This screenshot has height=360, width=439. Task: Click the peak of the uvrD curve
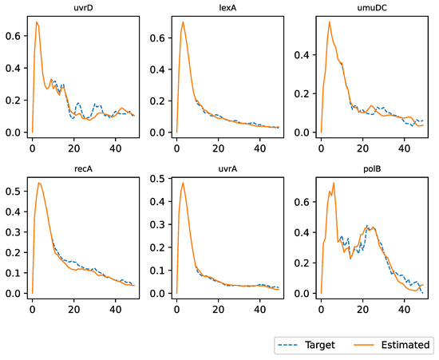pos(37,22)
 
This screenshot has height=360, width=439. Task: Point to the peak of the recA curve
pos(39,183)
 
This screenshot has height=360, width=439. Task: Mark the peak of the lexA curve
pos(184,22)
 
